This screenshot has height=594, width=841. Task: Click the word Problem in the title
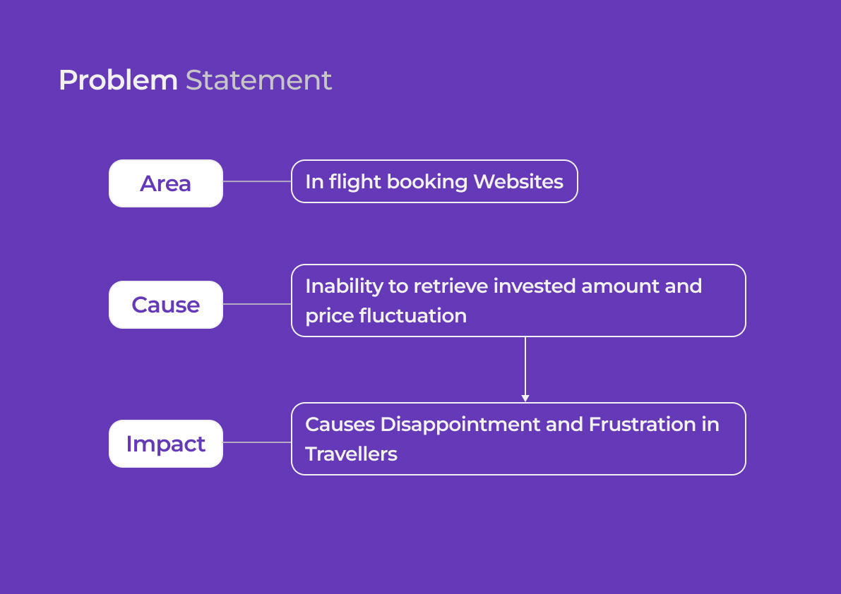[118, 80]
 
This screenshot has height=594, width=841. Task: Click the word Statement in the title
[258, 80]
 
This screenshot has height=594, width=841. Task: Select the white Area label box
[166, 183]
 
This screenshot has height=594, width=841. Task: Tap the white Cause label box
[166, 305]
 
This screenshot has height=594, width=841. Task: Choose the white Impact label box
[166, 444]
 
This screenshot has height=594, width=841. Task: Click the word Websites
[518, 182]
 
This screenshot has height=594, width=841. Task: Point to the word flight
[355, 182]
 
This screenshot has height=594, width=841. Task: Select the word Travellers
[351, 454]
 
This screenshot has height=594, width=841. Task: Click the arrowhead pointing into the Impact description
[525, 399]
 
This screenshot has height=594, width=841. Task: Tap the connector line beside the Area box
[257, 181]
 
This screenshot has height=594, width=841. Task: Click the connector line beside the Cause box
[257, 304]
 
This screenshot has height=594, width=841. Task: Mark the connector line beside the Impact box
[257, 442]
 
